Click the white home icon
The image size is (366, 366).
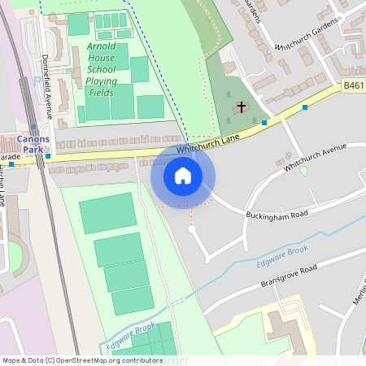[183, 175]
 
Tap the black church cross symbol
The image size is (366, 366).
[242, 108]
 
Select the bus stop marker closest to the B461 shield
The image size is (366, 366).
[305, 107]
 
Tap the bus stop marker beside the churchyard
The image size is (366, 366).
[265, 122]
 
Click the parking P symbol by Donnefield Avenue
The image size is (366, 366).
[37, 79]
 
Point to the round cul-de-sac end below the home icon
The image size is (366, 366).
[192, 229]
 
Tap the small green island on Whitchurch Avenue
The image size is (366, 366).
[303, 171]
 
